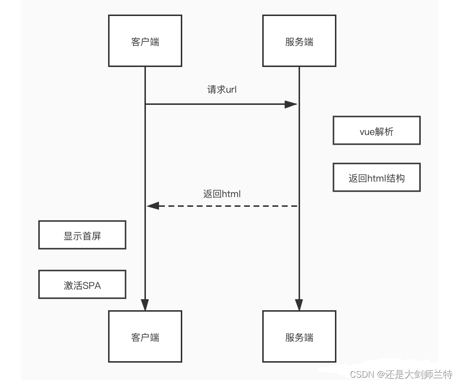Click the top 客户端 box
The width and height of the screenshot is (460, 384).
pyautogui.click(x=145, y=41)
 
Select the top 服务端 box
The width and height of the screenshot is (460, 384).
pyautogui.click(x=299, y=41)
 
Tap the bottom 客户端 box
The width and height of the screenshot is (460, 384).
pyautogui.click(x=145, y=336)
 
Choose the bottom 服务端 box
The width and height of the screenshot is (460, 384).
pyautogui.click(x=299, y=336)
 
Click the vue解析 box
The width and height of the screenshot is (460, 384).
pyautogui.click(x=376, y=131)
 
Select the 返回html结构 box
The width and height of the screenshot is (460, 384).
pyautogui.click(x=376, y=178)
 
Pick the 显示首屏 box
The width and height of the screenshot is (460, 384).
pyautogui.click(x=82, y=235)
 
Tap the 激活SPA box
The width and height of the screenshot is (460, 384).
pyautogui.click(x=82, y=285)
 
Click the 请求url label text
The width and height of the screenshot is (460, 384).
pyautogui.click(x=222, y=90)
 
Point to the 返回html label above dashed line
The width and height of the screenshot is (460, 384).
pyautogui.click(x=222, y=194)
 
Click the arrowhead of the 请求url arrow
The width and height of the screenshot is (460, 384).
pyautogui.click(x=291, y=104)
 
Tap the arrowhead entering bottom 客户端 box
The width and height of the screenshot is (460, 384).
pyautogui.click(x=145, y=305)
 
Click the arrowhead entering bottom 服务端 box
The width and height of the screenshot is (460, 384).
pyautogui.click(x=299, y=305)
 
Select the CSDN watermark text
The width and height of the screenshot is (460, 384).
pyautogui.click(x=401, y=374)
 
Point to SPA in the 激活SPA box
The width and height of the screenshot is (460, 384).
pyautogui.click(x=92, y=285)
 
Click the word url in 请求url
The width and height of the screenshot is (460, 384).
pyautogui.click(x=230, y=90)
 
